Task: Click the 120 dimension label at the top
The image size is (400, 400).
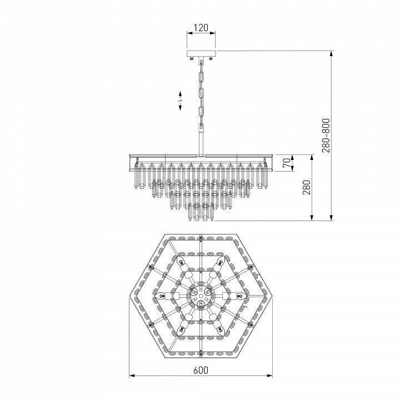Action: (x=201, y=28)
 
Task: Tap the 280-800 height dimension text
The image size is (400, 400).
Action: (x=326, y=136)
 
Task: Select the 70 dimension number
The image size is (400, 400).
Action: (x=287, y=163)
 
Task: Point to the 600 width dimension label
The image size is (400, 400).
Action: (x=201, y=370)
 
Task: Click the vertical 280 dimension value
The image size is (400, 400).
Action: (x=307, y=188)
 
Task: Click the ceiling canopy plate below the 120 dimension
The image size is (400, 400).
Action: (x=201, y=53)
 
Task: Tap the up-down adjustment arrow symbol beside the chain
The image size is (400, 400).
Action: (x=180, y=101)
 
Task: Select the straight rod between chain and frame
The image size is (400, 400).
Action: (x=201, y=142)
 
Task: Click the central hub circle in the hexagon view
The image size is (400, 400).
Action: (x=201, y=296)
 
